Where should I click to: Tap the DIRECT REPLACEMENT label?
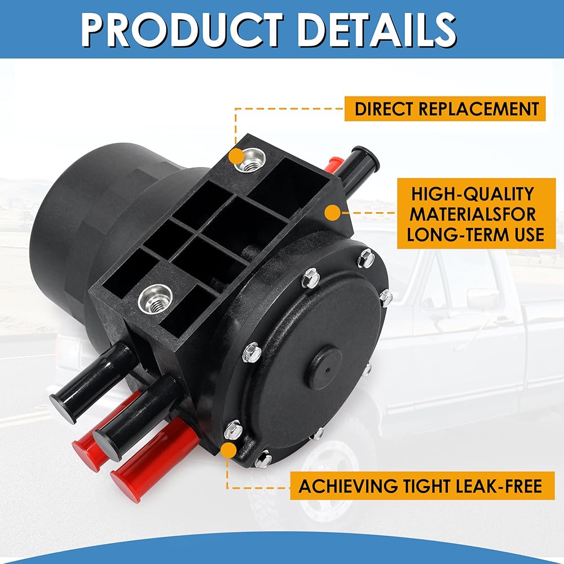click(446, 108)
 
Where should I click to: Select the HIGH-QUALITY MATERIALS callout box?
click(477, 214)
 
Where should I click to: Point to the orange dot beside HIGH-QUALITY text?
click(333, 213)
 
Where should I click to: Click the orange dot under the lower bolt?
click(229, 450)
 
